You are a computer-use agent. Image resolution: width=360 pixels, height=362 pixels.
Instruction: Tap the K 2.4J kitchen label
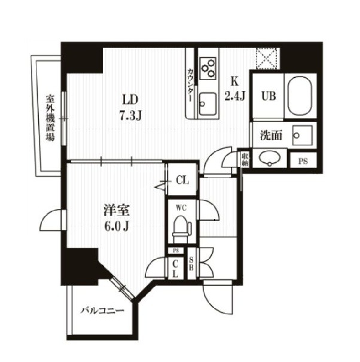(x=234, y=90)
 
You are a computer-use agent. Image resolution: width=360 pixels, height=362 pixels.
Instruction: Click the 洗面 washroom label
(x=271, y=135)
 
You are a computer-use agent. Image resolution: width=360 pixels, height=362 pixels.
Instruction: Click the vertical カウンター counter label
(x=190, y=87)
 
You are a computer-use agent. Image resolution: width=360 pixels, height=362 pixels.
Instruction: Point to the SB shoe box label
(x=191, y=263)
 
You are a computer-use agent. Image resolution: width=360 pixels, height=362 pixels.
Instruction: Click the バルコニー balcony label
(x=103, y=311)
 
